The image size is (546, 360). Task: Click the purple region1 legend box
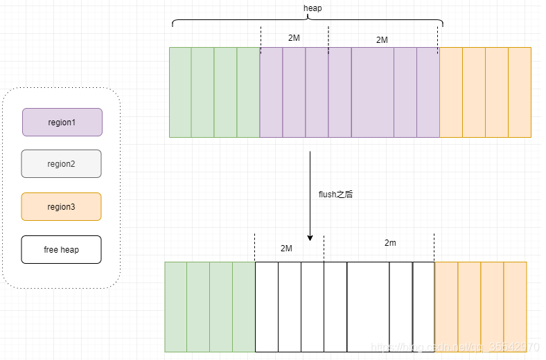click(62, 122)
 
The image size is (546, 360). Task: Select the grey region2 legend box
click(61, 164)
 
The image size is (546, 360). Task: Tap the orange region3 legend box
click(61, 206)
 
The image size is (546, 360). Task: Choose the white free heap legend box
click(61, 249)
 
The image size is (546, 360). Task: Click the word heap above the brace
click(312, 8)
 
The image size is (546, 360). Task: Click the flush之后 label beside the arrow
click(335, 195)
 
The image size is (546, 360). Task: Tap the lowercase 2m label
click(391, 243)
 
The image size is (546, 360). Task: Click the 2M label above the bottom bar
click(286, 248)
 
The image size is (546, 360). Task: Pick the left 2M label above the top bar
click(294, 38)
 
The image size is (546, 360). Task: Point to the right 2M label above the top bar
click(382, 40)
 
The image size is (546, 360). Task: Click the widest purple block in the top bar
click(372, 92)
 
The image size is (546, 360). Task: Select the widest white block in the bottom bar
click(368, 307)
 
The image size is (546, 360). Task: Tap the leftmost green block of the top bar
click(180, 92)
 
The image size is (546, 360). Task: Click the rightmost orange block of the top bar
click(520, 92)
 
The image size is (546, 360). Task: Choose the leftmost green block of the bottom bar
click(176, 307)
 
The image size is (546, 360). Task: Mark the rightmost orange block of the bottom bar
click(515, 307)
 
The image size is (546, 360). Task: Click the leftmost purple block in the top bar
click(271, 92)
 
